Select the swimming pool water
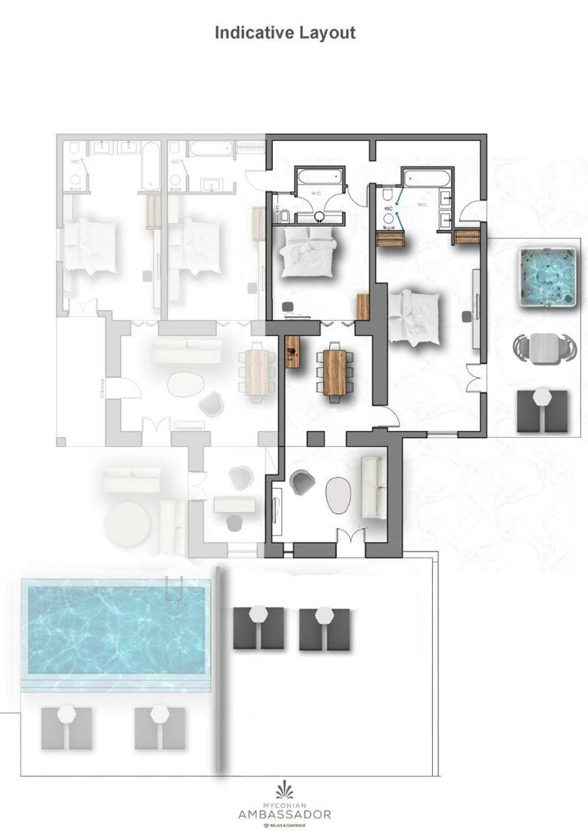pos(116,630)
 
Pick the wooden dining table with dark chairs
pos(335,371)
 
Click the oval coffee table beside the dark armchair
pos(338,494)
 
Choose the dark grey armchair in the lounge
pos(302,481)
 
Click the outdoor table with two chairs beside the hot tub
pos(543,347)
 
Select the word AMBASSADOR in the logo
pos(284,814)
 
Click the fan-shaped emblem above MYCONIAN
pos(285,790)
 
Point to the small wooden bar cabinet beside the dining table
pos(292,351)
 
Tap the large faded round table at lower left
pos(127,524)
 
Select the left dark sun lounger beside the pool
pos(259,628)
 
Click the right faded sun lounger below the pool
pos(159,727)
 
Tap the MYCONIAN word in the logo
pos(284,804)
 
